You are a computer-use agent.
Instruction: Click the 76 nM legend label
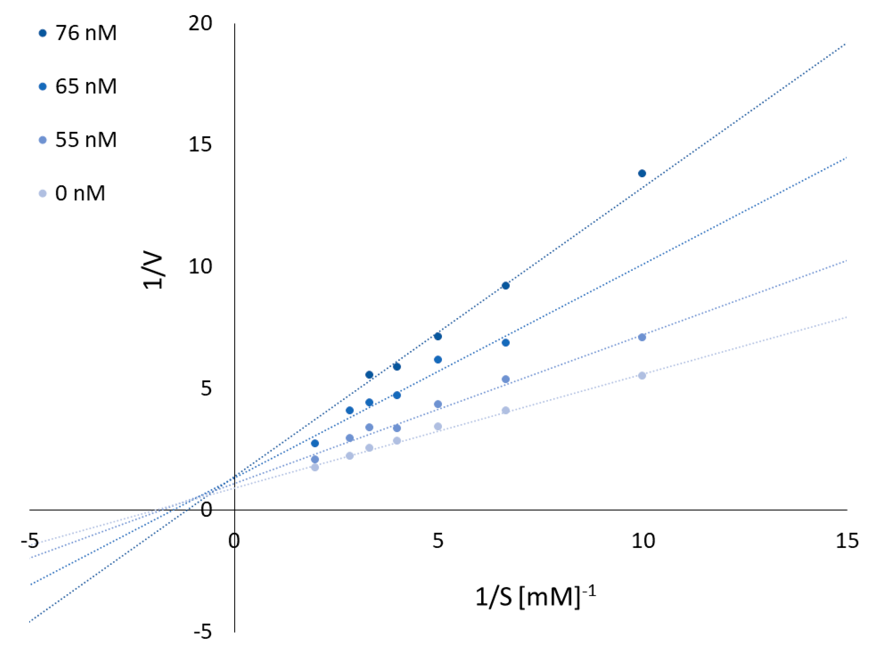(x=85, y=33)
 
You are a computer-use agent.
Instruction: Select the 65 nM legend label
(x=85, y=86)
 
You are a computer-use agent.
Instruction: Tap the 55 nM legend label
(x=85, y=140)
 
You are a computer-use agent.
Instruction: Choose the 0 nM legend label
(x=80, y=193)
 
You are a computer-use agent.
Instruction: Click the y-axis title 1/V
(x=153, y=271)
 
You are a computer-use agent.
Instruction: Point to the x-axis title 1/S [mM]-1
(x=535, y=597)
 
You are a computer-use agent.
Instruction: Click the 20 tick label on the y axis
(x=200, y=24)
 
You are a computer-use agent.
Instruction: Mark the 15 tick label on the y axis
(x=200, y=145)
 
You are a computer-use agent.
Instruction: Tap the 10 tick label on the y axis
(x=200, y=267)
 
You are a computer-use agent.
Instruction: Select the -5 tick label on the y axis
(x=203, y=632)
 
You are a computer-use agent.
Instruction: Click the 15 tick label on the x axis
(x=847, y=541)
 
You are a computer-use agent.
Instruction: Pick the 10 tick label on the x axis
(x=643, y=541)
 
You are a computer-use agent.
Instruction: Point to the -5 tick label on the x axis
(x=30, y=541)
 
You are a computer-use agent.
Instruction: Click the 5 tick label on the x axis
(x=438, y=541)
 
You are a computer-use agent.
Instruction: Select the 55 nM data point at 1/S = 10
(x=642, y=337)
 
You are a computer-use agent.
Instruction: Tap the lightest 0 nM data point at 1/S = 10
(x=642, y=375)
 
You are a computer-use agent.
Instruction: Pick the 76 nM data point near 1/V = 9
(x=506, y=286)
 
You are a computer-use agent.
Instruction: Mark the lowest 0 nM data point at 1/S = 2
(x=315, y=467)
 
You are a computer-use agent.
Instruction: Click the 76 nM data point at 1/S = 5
(x=437, y=336)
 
